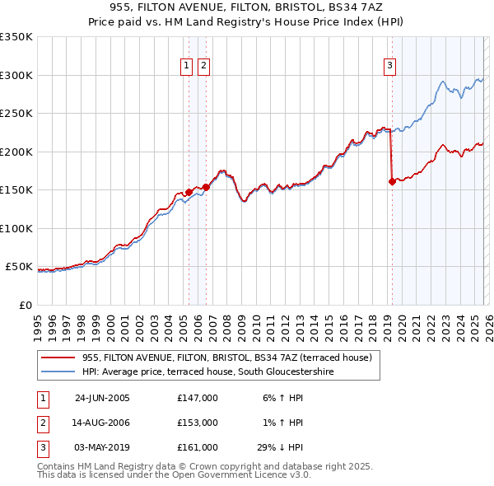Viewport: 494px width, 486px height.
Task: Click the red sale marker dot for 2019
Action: coord(392,182)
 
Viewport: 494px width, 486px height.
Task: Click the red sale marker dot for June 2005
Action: coord(189,192)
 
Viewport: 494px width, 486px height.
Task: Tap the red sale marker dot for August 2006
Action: coord(206,187)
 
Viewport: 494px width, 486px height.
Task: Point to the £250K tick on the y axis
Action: coord(16,114)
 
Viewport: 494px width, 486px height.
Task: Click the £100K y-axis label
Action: coord(16,228)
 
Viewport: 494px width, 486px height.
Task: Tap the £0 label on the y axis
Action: coord(25,305)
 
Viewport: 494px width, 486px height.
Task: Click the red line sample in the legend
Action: coord(58,357)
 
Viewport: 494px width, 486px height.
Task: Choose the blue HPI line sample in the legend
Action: coord(58,372)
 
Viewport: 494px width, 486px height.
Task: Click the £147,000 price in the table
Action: coord(198,397)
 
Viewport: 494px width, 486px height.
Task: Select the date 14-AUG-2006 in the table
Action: coord(102,423)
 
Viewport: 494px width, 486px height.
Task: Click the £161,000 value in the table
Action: coord(198,447)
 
